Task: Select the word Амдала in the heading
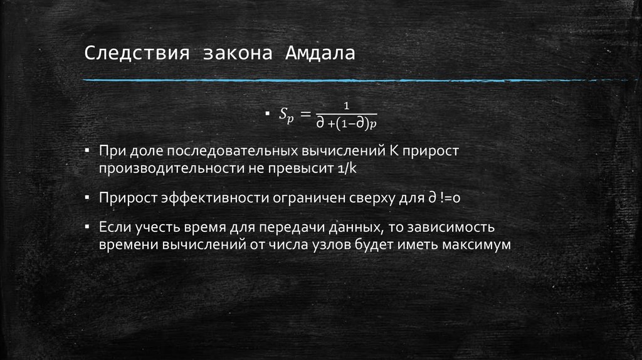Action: point(320,53)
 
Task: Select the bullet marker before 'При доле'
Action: point(89,152)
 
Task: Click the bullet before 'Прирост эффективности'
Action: point(89,198)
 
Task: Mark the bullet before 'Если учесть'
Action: point(89,226)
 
